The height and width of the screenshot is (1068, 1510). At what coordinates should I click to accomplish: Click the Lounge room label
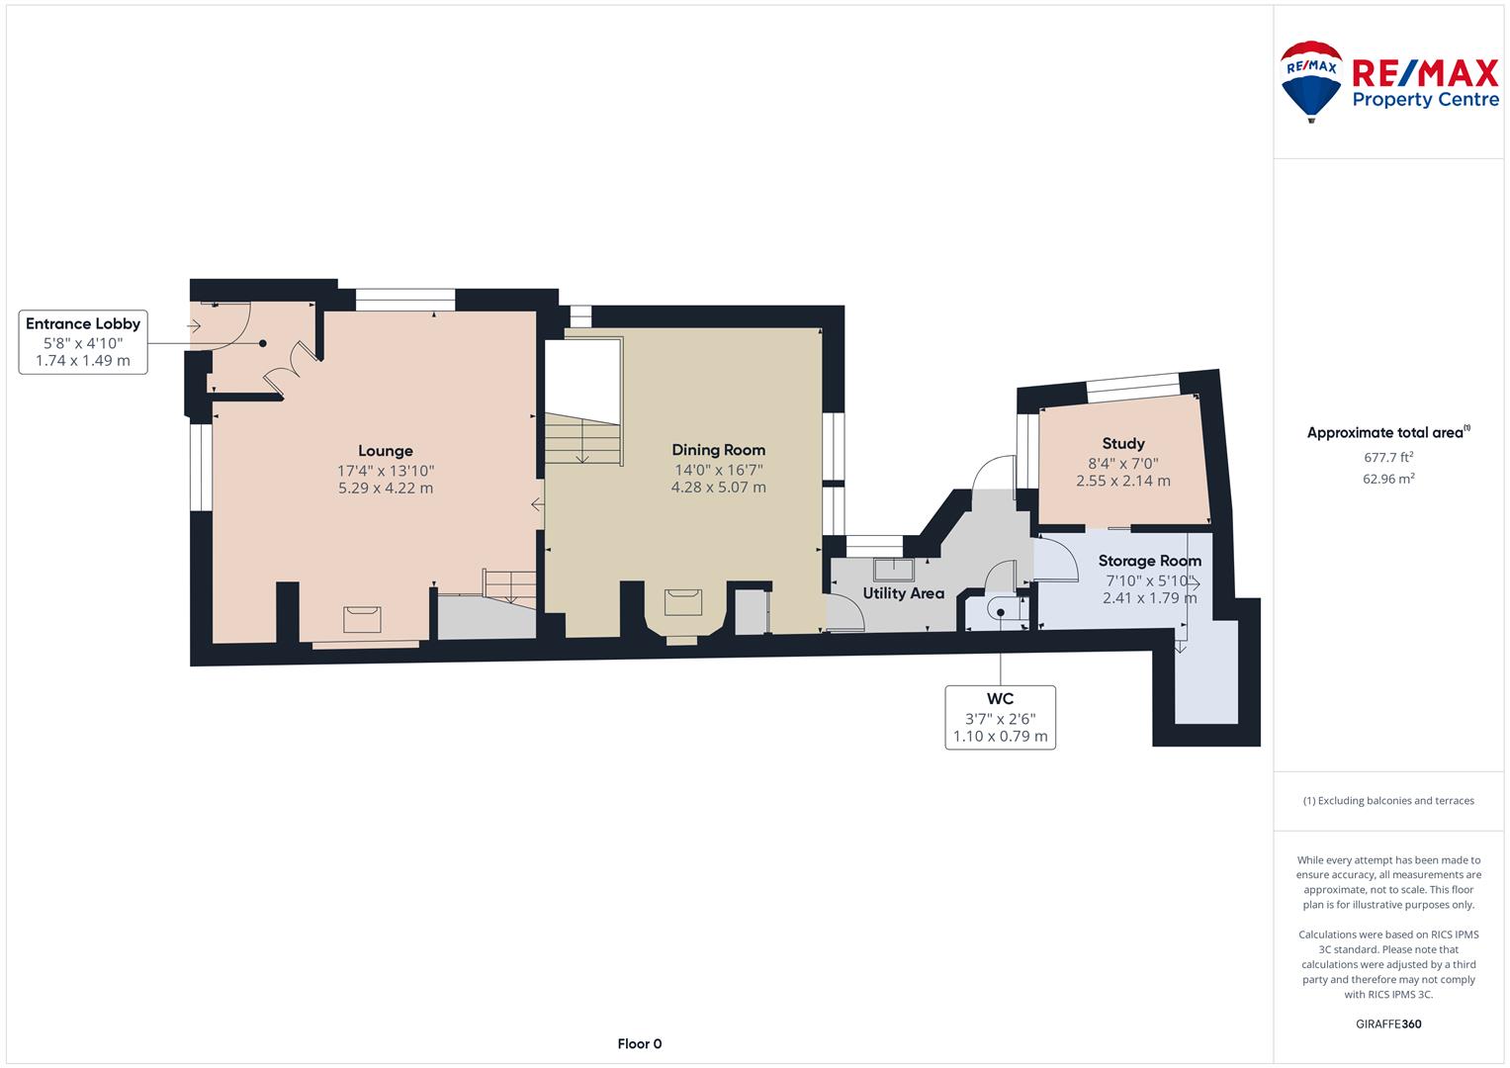pyautogui.click(x=385, y=450)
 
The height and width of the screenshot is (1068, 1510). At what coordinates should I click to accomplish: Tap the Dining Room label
pyautogui.click(x=718, y=450)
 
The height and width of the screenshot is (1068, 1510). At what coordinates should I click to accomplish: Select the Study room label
pyautogui.click(x=1123, y=444)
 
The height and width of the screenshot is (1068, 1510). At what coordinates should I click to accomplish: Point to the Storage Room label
pyautogui.click(x=1149, y=561)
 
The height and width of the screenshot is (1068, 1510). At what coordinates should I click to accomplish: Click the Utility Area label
pyautogui.click(x=903, y=593)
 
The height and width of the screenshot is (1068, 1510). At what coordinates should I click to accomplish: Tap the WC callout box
pyautogui.click(x=1001, y=717)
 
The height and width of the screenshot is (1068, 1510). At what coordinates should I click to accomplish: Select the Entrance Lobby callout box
pyautogui.click(x=83, y=342)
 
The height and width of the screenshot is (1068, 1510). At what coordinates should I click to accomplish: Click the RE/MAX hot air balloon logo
pyautogui.click(x=1311, y=81)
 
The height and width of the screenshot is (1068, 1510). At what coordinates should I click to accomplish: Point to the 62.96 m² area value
pyautogui.click(x=1388, y=479)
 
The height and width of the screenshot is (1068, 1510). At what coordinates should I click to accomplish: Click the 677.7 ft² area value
pyautogui.click(x=1388, y=457)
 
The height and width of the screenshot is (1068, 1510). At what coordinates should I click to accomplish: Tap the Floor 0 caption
pyautogui.click(x=639, y=1043)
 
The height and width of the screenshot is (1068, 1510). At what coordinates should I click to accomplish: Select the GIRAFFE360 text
pyautogui.click(x=1388, y=1023)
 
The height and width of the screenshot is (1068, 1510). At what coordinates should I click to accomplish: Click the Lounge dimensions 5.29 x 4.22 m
pyautogui.click(x=386, y=489)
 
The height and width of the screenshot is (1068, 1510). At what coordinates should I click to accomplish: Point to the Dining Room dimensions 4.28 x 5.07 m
pyautogui.click(x=719, y=488)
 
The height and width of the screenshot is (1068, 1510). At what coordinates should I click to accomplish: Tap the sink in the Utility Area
pyautogui.click(x=894, y=570)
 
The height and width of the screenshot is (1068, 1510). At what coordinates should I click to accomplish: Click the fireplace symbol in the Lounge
pyautogui.click(x=362, y=620)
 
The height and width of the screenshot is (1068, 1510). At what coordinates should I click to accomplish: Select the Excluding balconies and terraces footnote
pyautogui.click(x=1388, y=800)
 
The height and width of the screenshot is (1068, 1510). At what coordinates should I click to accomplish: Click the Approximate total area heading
pyautogui.click(x=1388, y=433)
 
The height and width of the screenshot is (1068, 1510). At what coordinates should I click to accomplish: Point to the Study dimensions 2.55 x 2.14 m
pyautogui.click(x=1123, y=481)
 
